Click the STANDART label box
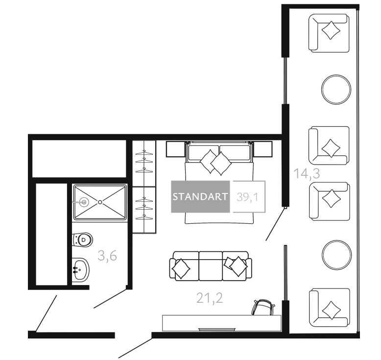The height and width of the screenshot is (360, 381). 200,196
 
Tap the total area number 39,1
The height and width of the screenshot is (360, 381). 247,197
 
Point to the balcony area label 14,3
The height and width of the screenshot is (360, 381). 307,174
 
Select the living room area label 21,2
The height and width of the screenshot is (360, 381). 210,298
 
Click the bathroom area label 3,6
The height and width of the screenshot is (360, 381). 107,256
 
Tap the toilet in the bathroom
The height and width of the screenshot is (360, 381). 82,240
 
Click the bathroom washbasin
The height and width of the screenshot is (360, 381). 81,270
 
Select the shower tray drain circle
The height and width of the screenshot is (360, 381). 100,202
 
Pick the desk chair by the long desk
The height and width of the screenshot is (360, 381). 263,307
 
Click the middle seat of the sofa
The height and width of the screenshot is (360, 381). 211,266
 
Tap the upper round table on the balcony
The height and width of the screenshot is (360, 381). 336,90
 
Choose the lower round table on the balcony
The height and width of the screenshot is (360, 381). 337,255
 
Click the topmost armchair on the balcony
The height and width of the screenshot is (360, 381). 329,33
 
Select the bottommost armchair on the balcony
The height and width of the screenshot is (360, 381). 329,308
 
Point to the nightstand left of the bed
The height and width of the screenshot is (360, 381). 175,149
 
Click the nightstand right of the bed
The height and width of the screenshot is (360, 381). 262,149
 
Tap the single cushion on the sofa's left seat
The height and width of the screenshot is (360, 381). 181,268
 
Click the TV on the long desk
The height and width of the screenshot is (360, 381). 217,329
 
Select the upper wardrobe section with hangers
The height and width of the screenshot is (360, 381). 144,164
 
